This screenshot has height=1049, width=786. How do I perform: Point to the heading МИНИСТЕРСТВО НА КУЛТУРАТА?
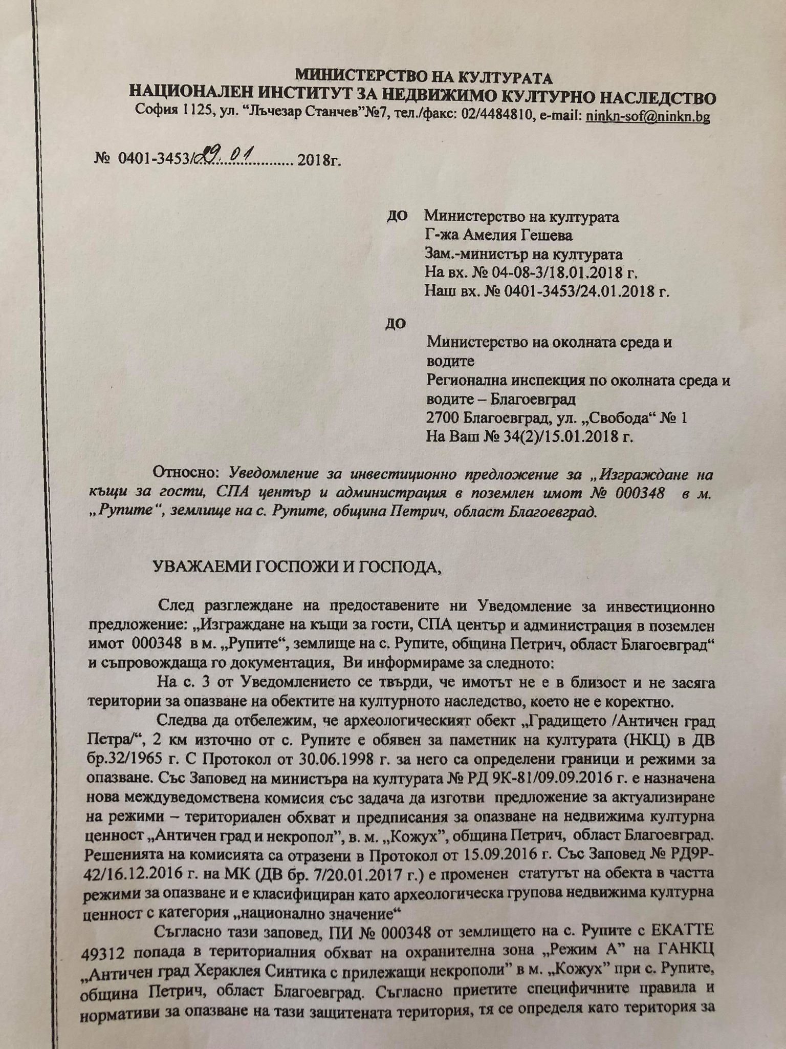tap(424, 77)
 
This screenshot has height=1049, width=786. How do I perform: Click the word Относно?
tap(186, 474)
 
